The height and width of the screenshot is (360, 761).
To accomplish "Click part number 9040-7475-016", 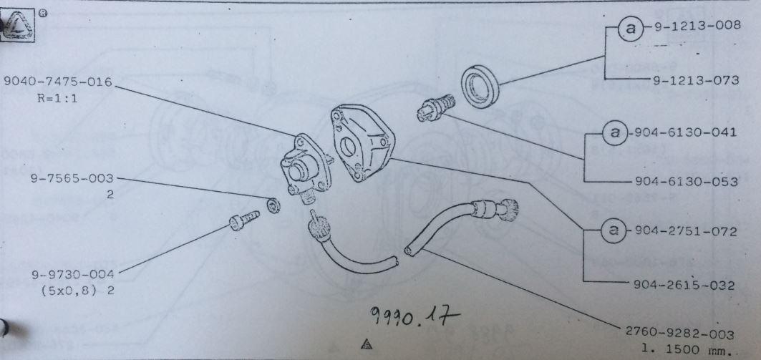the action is click(x=58, y=82).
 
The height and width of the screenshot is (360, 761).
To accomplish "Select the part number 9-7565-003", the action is click(x=72, y=178).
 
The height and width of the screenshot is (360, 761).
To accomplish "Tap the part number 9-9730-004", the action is click(x=73, y=275).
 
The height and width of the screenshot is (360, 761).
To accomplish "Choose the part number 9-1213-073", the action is click(x=696, y=80).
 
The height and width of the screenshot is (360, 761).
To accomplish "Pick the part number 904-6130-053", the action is click(x=686, y=182).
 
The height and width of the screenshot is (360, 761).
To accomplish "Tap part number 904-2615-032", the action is click(x=684, y=286).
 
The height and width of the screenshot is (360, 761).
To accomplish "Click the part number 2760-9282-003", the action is click(x=679, y=334).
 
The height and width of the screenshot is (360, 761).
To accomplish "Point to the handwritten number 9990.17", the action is click(x=414, y=317).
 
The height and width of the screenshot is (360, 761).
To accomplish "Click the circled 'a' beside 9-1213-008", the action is click(x=631, y=29).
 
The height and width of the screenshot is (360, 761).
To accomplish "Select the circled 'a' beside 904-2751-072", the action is click(x=614, y=230).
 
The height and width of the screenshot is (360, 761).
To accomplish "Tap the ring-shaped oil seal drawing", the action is click(x=480, y=86).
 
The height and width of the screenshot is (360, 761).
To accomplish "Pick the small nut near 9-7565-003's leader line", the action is click(x=273, y=205).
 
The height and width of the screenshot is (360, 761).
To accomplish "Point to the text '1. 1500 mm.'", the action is click(x=687, y=349).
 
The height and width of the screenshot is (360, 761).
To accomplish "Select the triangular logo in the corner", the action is click(x=17, y=25).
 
